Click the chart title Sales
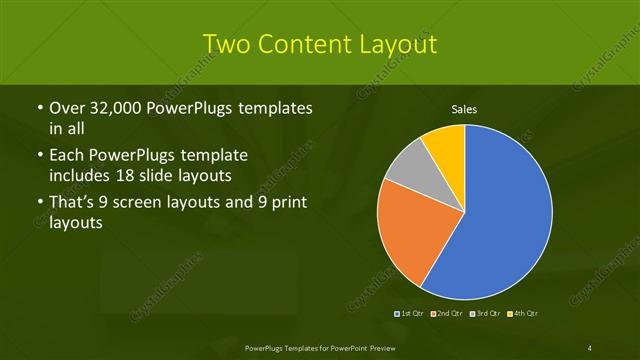pos(464,109)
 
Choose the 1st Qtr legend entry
pos(410,314)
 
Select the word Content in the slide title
pos(305,44)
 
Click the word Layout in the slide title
pos(399,44)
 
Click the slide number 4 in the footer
pos(590,347)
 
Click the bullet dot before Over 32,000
pos(38,108)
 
